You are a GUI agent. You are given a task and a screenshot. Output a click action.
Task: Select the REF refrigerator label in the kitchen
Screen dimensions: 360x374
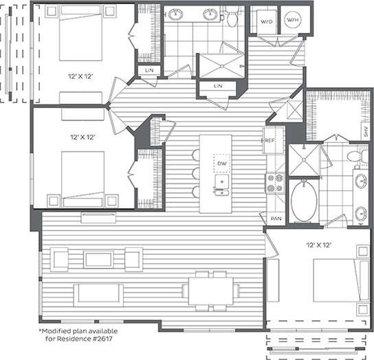[269, 140]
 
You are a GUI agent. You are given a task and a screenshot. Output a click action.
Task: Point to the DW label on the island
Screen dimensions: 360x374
[221, 164]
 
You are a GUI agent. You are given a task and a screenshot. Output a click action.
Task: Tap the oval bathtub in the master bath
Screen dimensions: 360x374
[301, 201]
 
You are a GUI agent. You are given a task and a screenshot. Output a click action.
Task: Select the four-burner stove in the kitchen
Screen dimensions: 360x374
[274, 181]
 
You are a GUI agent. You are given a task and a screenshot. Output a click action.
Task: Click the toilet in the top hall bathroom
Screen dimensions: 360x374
[234, 13]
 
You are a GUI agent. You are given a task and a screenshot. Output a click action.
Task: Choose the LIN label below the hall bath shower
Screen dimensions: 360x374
[219, 86]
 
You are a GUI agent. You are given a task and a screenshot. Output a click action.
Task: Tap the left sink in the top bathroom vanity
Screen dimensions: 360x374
[177, 14]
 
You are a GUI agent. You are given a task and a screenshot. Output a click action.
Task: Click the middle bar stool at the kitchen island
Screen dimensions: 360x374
[195, 172]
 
